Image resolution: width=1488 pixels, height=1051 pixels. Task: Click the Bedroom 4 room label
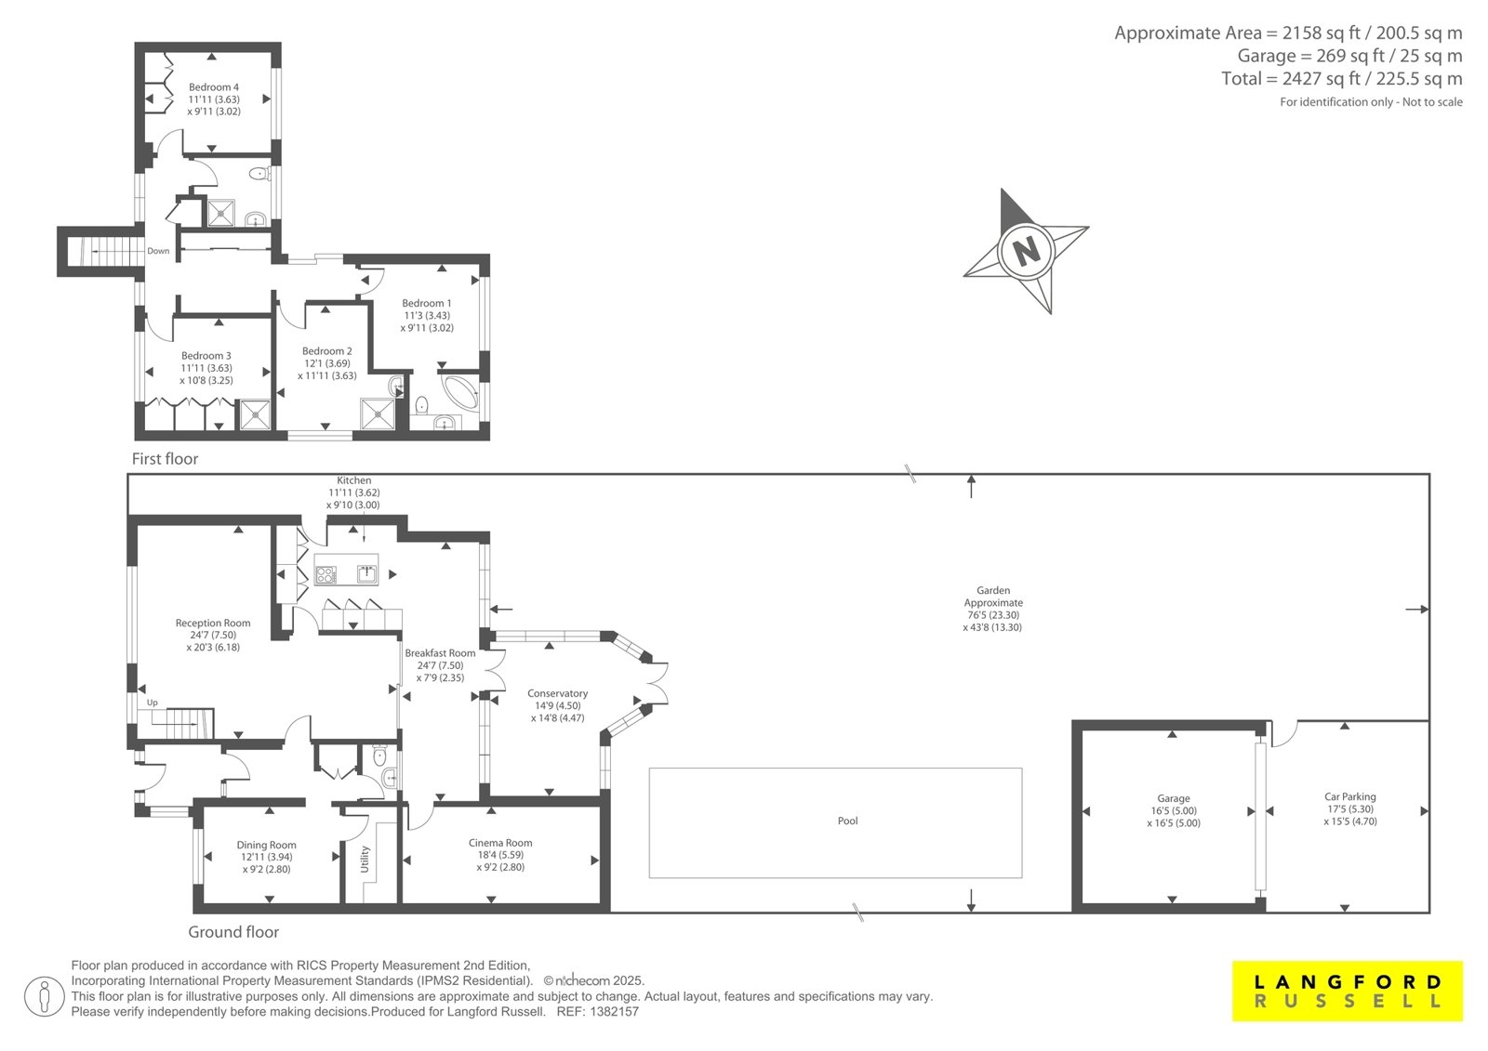[x=213, y=87]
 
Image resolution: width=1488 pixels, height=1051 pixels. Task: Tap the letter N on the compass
[x=1027, y=250]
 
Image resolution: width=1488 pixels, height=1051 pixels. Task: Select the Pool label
[x=847, y=821]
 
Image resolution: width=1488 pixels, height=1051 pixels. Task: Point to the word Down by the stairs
[x=158, y=251]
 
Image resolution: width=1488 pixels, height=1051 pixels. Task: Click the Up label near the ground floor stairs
[x=153, y=703]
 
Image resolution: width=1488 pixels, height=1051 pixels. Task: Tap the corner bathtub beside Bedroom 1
[x=459, y=393]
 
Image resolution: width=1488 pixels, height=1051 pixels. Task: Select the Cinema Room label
[x=500, y=843]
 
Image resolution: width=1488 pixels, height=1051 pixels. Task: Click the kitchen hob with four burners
[x=325, y=574]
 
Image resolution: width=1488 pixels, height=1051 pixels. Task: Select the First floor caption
[x=165, y=459]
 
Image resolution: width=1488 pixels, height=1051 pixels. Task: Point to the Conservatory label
[x=557, y=693]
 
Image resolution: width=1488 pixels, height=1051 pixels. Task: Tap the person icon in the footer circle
[x=45, y=997]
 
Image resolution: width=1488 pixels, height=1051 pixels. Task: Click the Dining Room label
[x=266, y=846]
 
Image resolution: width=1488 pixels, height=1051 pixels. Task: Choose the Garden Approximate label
[x=993, y=597]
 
